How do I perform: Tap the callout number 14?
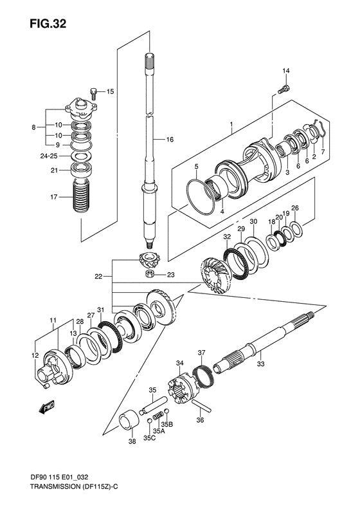point(286,70)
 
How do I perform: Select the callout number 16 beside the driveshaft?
point(170,140)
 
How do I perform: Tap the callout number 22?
point(98,277)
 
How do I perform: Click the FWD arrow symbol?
point(46,407)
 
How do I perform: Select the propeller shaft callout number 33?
point(260,365)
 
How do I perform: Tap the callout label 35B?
point(166,425)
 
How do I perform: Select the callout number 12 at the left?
point(35,355)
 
